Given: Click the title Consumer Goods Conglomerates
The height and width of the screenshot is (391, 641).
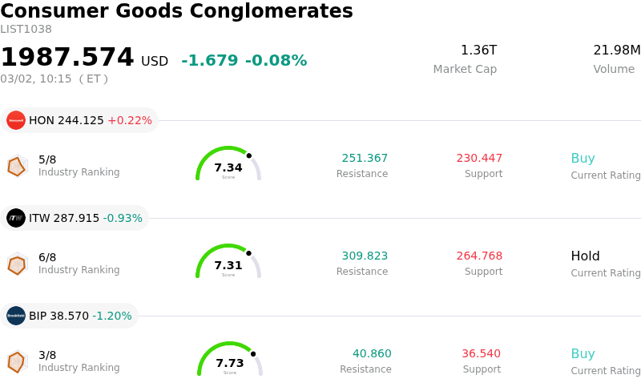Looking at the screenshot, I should (x=176, y=11).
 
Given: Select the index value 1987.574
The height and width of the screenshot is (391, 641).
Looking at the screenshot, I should (x=67, y=58).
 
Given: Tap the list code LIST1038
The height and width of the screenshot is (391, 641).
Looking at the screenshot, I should (x=26, y=30).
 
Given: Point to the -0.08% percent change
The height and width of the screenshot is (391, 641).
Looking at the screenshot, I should (x=276, y=61).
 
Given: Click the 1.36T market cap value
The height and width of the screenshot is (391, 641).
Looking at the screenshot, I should (x=478, y=50).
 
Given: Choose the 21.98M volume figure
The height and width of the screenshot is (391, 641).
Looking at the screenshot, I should (x=616, y=50).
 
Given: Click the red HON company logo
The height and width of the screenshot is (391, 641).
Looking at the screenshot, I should (x=16, y=120).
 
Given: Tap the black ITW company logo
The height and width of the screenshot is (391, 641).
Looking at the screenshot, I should (x=16, y=218).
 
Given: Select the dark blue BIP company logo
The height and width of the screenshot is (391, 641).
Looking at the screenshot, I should (x=16, y=316).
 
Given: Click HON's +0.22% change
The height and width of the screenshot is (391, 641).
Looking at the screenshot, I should (x=129, y=121).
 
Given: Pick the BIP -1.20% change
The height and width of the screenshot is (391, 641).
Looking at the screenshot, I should (x=112, y=316).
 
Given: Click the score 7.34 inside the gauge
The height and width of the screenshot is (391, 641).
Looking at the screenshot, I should (x=228, y=167).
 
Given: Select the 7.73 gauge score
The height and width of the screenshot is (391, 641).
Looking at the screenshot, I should (x=230, y=363).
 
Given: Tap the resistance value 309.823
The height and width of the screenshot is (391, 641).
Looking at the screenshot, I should (x=365, y=256).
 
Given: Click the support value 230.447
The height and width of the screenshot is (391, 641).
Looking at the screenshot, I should (x=479, y=159).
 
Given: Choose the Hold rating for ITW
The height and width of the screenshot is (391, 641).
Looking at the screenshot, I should (x=585, y=256).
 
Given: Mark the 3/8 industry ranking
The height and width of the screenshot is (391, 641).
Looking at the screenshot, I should (x=47, y=355).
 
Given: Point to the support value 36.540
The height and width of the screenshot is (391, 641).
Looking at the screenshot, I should (x=481, y=354).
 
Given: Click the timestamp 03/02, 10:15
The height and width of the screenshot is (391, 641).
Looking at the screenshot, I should (x=37, y=79).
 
